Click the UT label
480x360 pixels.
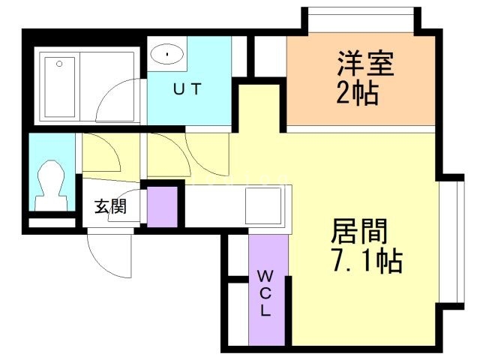[187, 90]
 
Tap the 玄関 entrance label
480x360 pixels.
[109, 206]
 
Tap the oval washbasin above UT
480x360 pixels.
[167, 54]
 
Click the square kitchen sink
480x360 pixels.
[262, 202]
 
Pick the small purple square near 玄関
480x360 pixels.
[161, 204]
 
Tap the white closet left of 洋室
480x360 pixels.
[266, 56]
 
